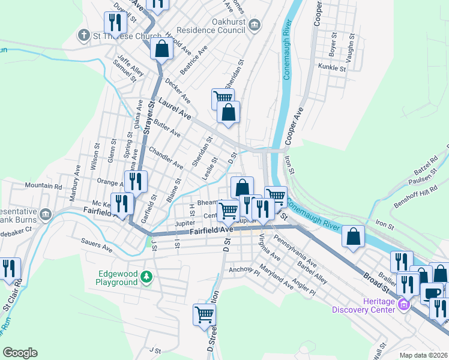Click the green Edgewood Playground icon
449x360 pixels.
click(147, 277)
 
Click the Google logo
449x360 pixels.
click(20, 353)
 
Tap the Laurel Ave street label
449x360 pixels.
click(174, 109)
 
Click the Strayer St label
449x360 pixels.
click(149, 114)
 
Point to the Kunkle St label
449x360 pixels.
click(333, 67)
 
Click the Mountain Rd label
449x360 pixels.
click(44, 187)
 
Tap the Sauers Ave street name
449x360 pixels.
click(97, 247)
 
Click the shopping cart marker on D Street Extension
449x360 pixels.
click(205, 314)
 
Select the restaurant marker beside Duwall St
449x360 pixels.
click(113, 23)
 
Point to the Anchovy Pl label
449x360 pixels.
click(243, 270)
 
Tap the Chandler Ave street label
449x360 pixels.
click(166, 157)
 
